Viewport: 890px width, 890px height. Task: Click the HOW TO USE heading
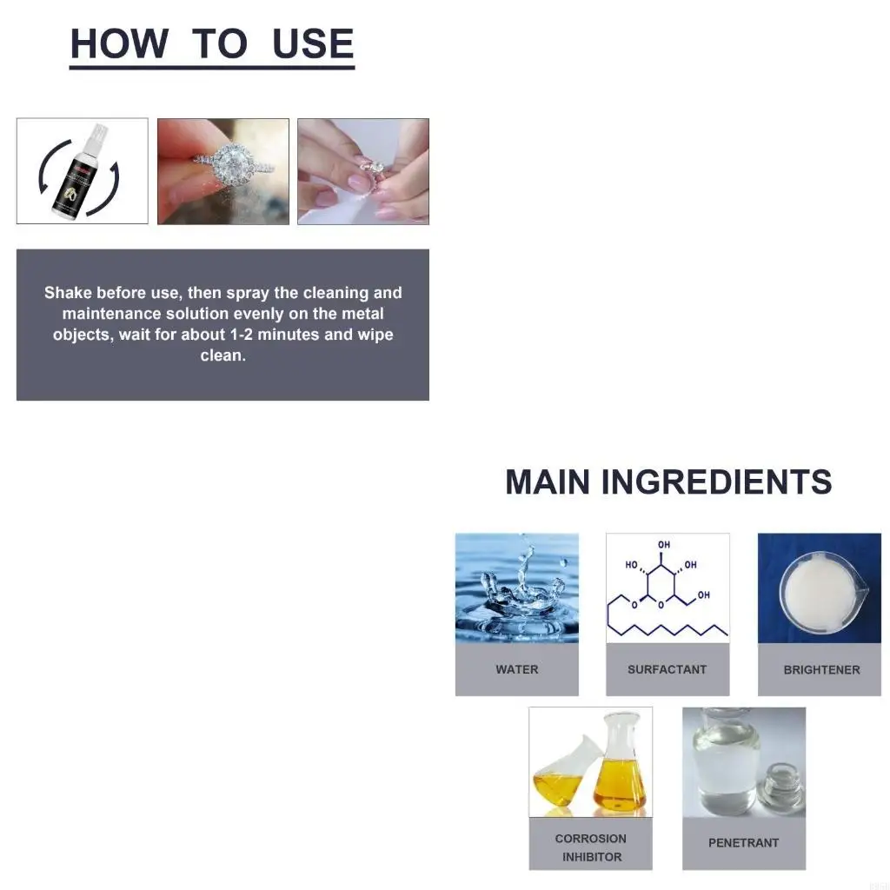pyautogui.click(x=212, y=44)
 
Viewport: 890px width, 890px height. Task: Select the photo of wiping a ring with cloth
pyautogui.click(x=363, y=171)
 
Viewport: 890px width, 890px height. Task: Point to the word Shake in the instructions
pyautogui.click(x=68, y=293)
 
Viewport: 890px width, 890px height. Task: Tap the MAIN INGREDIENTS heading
pyautogui.click(x=668, y=482)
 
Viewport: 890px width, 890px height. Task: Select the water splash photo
pyautogui.click(x=517, y=588)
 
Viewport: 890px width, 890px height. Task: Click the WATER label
pyautogui.click(x=517, y=669)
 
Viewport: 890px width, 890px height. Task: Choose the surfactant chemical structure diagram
pyautogui.click(x=667, y=588)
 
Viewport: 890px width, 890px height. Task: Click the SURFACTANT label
pyautogui.click(x=667, y=669)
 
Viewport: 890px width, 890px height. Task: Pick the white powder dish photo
pyautogui.click(x=819, y=588)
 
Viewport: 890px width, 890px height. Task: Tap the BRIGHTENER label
pyautogui.click(x=821, y=670)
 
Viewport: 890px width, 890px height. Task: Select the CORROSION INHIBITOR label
pyautogui.click(x=591, y=847)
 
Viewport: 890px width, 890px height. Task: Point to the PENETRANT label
pyautogui.click(x=744, y=843)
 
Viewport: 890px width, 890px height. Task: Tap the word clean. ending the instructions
pyautogui.click(x=223, y=355)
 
